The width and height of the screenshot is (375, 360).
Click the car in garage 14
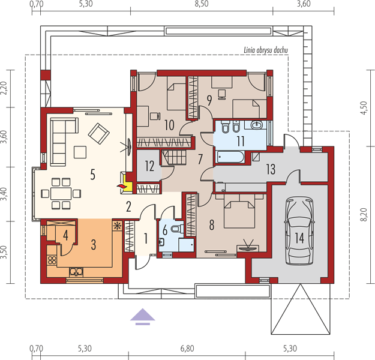point(299,231)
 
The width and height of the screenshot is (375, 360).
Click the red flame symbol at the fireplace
point(121,186)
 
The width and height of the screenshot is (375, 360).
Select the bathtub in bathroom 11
point(230,157)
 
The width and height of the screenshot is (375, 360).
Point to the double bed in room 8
point(239,211)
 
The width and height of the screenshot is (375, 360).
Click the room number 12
point(149,166)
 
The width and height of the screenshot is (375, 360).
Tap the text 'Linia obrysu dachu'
point(266,50)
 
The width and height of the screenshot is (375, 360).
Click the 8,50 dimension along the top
point(202,4)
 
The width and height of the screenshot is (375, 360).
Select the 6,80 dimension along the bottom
point(187,349)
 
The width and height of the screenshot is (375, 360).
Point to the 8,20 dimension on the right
point(363,215)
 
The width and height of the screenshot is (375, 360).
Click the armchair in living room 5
point(99,133)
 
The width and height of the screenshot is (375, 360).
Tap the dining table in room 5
point(61,194)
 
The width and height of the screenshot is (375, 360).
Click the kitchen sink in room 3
point(76,272)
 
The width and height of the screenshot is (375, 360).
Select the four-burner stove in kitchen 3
point(52,260)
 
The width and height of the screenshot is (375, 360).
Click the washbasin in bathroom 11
point(257,124)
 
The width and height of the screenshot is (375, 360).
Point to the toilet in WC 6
point(177,229)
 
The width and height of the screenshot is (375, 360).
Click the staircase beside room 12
point(174,157)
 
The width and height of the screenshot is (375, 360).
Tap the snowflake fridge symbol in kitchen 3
point(117,226)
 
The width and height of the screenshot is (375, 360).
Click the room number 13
point(271,169)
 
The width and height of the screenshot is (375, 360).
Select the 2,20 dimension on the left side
point(4,88)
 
